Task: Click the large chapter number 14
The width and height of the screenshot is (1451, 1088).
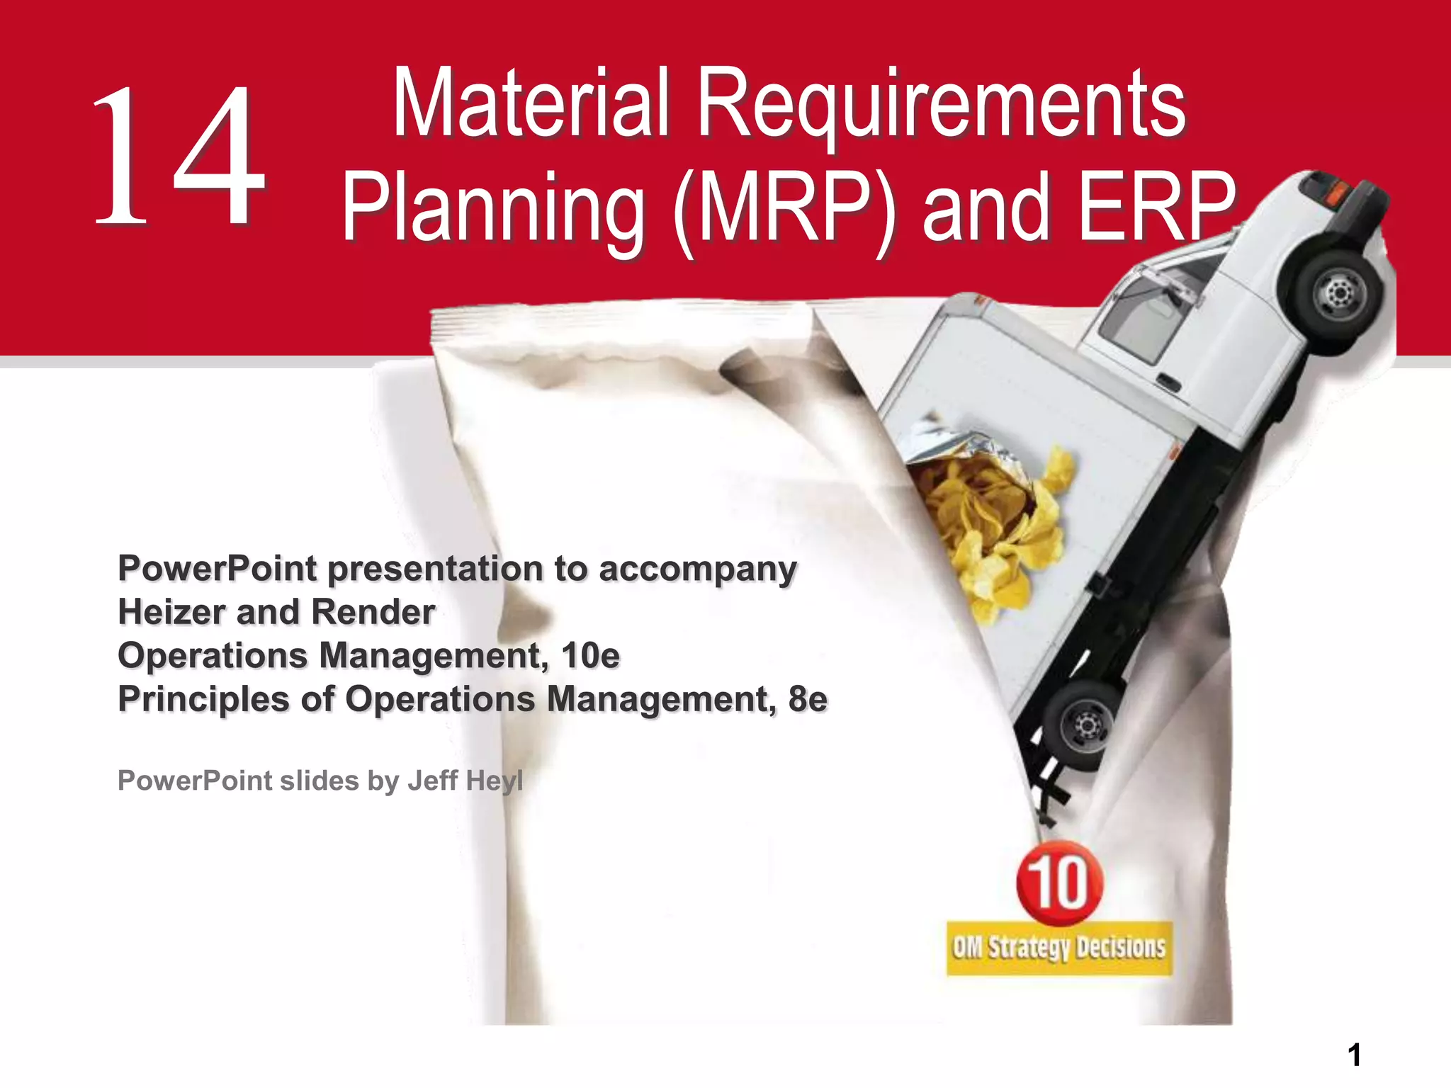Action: pos(179,156)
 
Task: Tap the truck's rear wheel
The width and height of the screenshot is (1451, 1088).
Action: pos(1083,724)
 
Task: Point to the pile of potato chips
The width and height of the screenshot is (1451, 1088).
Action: pos(992,524)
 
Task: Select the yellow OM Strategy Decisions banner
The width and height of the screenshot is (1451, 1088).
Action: pos(1058,948)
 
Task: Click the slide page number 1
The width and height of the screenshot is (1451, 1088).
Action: pos(1354,1055)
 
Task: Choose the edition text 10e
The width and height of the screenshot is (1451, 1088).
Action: pos(590,656)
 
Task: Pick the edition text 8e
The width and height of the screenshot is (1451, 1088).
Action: pos(807,700)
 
